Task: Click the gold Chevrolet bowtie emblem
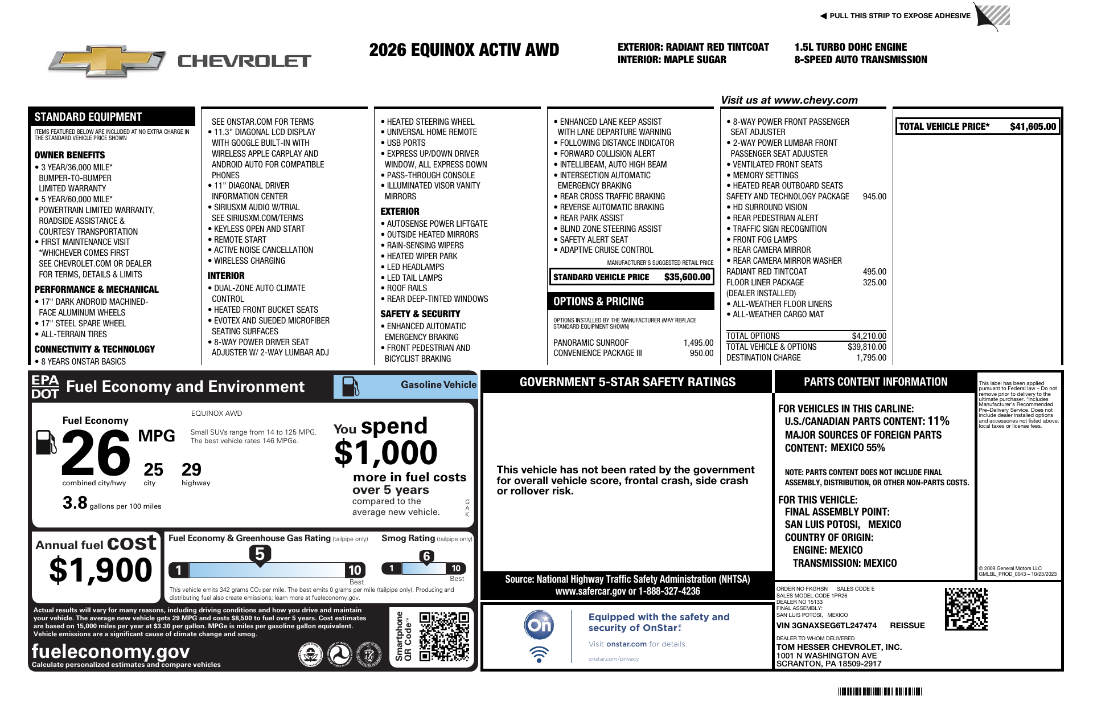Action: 107,60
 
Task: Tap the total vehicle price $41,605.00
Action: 1033,126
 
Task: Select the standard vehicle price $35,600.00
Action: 687,277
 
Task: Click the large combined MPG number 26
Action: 96,453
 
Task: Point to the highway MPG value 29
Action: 191,470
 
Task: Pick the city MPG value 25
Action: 153,470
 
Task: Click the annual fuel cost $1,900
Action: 101,570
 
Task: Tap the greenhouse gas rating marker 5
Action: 260,554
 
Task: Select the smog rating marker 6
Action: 426,556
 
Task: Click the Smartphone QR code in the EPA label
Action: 444,636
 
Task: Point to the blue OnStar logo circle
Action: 539,625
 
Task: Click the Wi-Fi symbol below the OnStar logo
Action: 539,654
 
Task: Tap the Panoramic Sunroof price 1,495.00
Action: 698,343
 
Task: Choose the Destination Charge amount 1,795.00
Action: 871,358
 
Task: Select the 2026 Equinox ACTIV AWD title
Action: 464,50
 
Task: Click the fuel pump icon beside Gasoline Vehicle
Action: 350,386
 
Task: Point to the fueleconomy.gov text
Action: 110,651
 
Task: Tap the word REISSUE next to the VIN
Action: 907,625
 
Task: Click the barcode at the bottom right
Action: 879,691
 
